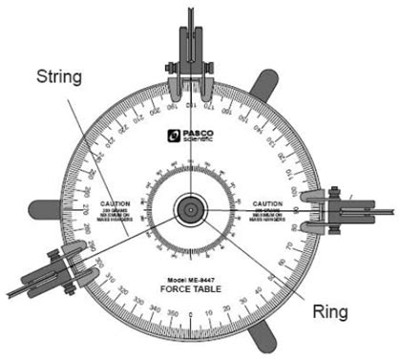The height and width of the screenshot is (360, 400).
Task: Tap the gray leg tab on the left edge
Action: tap(46, 206)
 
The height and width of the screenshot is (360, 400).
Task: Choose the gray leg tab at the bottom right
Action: tap(263, 334)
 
